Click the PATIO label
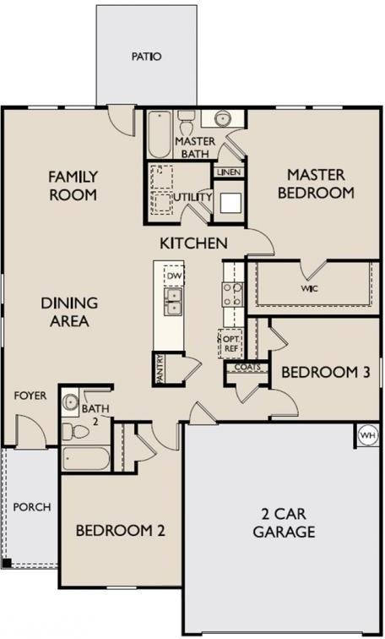(146, 57)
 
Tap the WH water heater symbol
(367, 434)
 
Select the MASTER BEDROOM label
(315, 183)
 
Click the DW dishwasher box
(175, 276)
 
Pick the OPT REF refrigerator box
(230, 342)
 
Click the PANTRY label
(159, 369)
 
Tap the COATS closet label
(247, 368)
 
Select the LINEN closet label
(229, 172)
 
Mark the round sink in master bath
(225, 118)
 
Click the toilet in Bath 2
(77, 432)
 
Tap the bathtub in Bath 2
(85, 460)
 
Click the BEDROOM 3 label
(314, 373)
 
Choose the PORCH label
(32, 507)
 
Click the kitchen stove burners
(231, 293)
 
